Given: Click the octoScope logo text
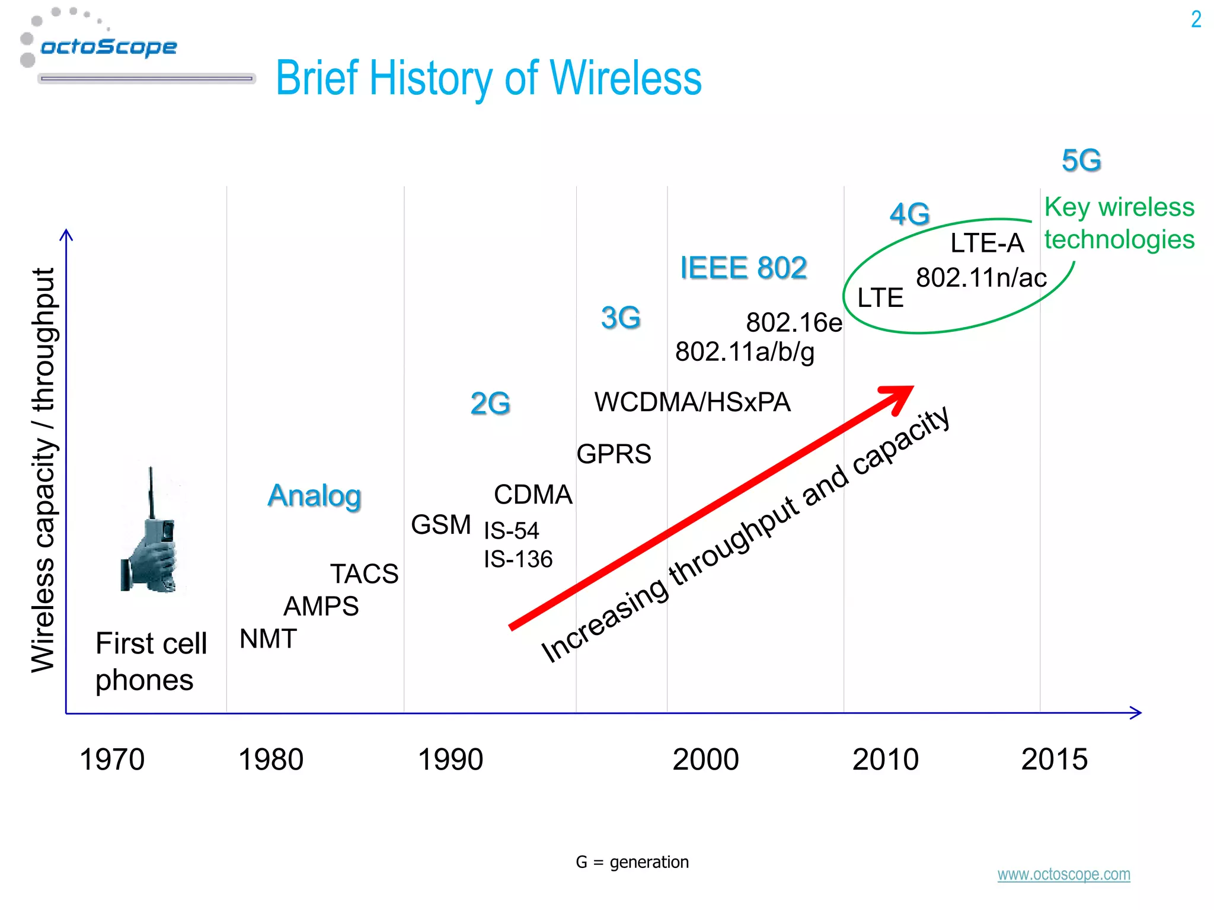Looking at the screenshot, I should coord(108,47).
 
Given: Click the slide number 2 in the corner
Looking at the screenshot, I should coord(1196,20).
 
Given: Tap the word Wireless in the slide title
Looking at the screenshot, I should coord(625,78).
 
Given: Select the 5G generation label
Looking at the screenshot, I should coord(1081,161).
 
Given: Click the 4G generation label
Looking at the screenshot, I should coord(909,214).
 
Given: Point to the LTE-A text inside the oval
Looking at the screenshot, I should coord(987,243).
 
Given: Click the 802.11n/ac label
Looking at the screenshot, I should coord(981,278).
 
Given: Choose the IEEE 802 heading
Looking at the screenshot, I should coord(743,268).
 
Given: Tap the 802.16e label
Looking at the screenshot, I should coord(794,323).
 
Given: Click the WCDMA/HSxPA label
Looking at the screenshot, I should coord(692,402).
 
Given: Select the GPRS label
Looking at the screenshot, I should coord(614,454).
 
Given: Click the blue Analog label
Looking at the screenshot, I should coord(314,496).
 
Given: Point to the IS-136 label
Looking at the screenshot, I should coord(518,559).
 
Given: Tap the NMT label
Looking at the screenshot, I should coord(268,639).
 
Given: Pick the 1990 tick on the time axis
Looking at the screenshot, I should coord(451,760).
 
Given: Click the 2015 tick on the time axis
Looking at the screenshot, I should coord(1055,760).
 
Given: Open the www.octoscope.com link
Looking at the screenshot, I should coord(1063,874).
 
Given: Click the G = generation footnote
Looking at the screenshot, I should coord(632,862).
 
